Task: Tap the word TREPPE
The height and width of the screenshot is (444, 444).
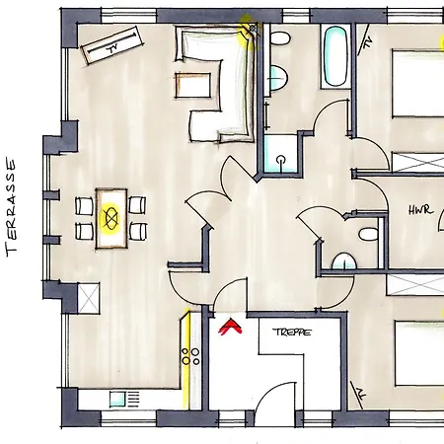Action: (x=292, y=333)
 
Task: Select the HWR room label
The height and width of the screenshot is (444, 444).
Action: (x=421, y=210)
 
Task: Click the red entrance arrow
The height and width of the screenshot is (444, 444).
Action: (x=230, y=327)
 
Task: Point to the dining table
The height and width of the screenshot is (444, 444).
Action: (x=111, y=218)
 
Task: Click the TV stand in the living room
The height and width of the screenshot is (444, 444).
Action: (x=112, y=45)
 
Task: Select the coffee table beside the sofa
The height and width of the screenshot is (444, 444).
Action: (x=193, y=85)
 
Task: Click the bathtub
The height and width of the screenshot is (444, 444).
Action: (x=335, y=56)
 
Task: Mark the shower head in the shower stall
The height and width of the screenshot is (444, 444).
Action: (x=281, y=160)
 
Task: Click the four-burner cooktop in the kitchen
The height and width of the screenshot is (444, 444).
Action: (x=190, y=356)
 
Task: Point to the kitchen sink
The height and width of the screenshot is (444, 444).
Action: (x=117, y=399)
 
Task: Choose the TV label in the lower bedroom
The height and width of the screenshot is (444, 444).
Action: (x=361, y=394)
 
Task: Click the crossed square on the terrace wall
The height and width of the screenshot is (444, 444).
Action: (x=89, y=298)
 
